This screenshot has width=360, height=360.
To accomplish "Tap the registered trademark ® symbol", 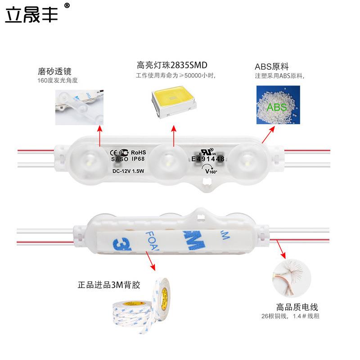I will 67,6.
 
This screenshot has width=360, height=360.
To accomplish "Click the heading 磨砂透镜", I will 54,72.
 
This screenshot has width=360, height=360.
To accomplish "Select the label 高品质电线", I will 297,307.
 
